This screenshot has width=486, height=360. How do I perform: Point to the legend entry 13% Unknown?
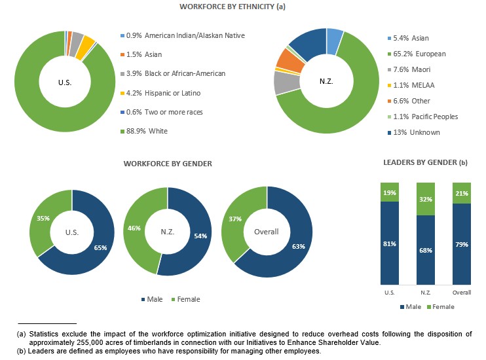pos(417,132)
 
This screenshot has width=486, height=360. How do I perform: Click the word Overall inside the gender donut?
pos(266,232)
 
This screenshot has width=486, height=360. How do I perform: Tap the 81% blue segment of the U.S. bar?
pos(390,243)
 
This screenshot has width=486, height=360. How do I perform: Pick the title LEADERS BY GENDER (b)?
pos(425,162)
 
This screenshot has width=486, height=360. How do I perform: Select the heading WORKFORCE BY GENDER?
pos(168,164)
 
